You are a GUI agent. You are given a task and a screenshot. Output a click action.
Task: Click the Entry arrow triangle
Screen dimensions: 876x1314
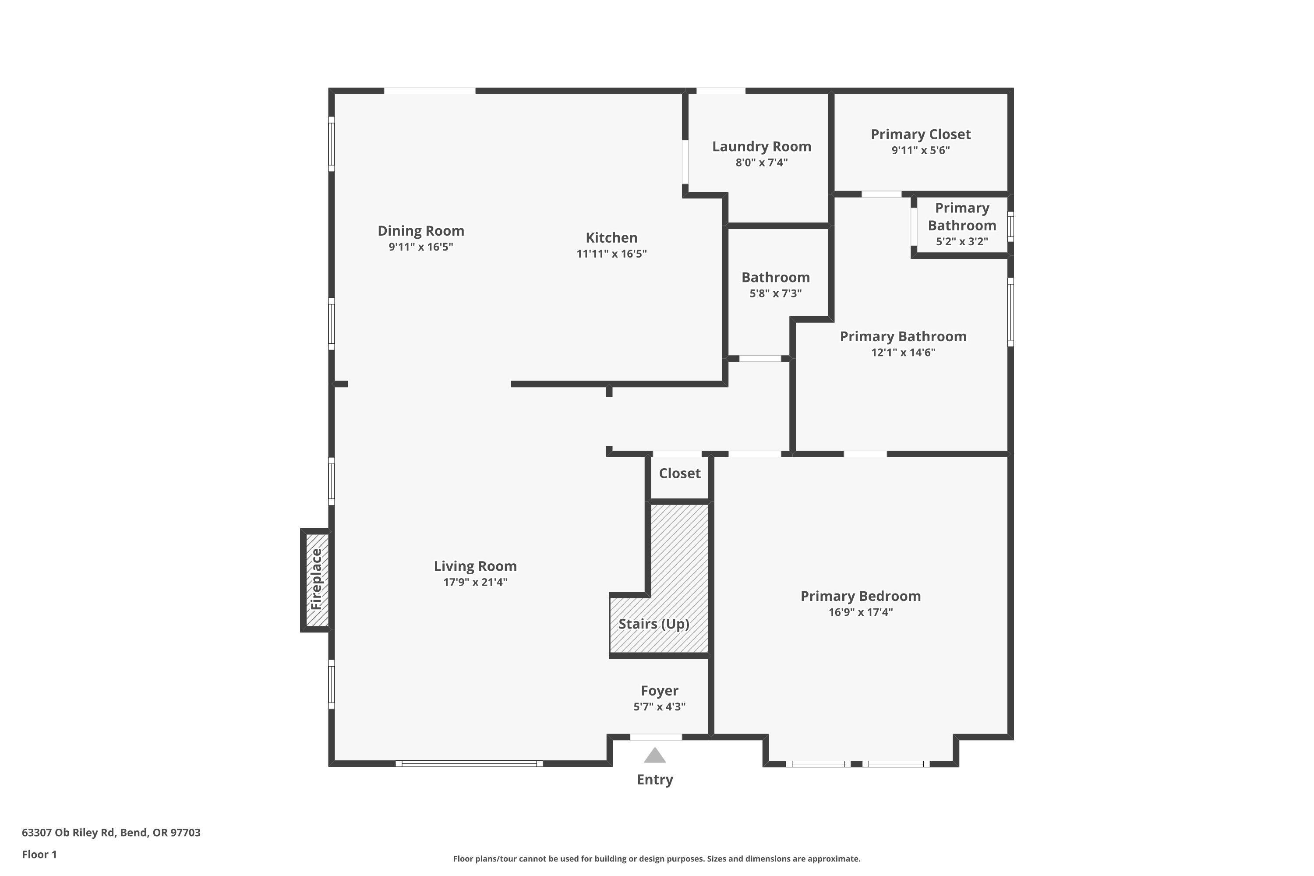point(655,756)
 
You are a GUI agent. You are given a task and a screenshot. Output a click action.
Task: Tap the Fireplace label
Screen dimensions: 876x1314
point(316,579)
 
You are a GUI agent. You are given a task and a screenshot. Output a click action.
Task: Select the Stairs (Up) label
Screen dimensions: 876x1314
point(653,624)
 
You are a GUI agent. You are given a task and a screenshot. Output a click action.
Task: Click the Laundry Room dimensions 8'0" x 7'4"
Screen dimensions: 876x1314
point(762,162)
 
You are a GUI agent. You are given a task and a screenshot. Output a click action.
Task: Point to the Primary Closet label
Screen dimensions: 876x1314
point(920,134)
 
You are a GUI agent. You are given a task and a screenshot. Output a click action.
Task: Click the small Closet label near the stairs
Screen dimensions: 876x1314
point(679,474)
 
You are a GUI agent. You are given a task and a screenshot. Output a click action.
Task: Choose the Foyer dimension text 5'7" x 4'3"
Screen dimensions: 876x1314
point(659,707)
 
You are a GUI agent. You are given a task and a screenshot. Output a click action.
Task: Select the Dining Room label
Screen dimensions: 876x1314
point(420,231)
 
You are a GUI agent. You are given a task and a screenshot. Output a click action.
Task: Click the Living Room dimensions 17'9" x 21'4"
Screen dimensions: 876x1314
point(475,582)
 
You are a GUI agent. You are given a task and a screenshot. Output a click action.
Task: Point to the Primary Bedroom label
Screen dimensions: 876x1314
point(860,596)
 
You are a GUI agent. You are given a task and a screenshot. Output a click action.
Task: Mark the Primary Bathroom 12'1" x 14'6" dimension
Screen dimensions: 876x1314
point(903,353)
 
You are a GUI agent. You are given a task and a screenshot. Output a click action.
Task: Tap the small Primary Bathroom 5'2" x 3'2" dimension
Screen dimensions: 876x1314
point(961,241)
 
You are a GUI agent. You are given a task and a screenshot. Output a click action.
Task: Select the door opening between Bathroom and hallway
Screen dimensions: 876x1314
point(760,359)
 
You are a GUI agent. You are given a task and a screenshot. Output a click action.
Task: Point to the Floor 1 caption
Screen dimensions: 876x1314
point(39,854)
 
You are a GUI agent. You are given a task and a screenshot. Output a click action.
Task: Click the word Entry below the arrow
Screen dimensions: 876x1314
point(655,780)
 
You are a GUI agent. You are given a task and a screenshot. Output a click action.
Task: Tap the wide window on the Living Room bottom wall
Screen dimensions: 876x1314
point(469,764)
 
